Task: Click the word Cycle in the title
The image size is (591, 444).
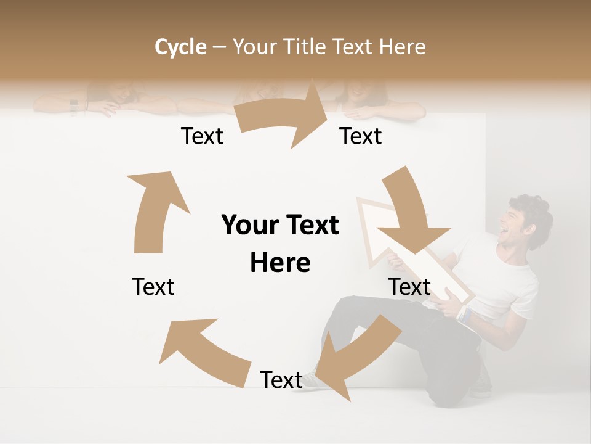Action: (180, 47)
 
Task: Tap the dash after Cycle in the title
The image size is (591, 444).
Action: (219, 47)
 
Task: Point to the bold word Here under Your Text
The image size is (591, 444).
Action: (280, 263)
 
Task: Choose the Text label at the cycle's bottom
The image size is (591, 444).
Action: (281, 380)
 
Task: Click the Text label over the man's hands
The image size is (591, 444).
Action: (409, 287)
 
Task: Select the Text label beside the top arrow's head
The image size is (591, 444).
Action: (361, 136)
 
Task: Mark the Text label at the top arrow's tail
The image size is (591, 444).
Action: (202, 136)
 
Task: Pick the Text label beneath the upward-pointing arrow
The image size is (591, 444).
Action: (153, 287)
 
